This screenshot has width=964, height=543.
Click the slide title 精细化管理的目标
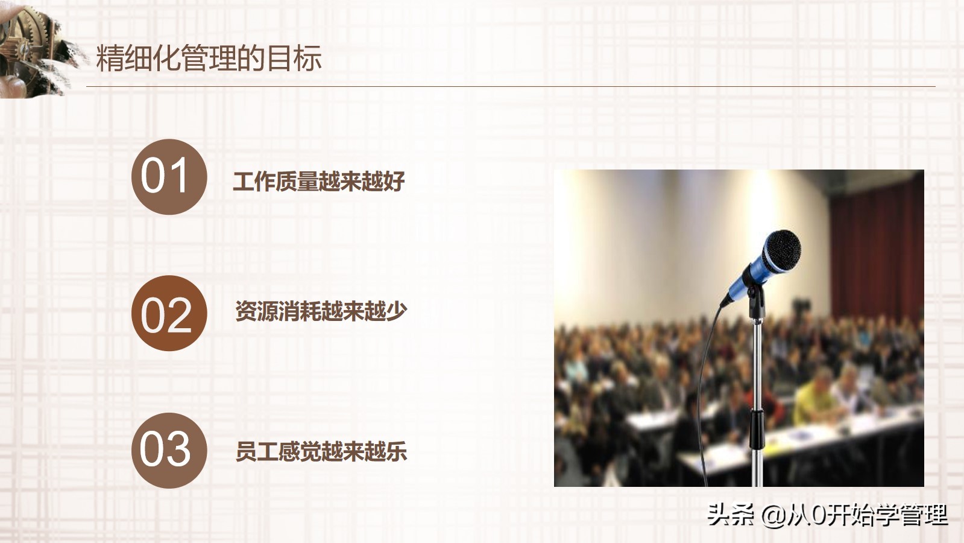click(209, 59)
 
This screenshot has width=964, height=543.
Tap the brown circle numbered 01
click(169, 176)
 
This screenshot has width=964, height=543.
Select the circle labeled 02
click(169, 313)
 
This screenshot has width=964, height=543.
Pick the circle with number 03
click(169, 450)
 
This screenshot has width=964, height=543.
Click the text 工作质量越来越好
click(318, 182)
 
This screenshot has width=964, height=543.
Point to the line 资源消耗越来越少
click(321, 311)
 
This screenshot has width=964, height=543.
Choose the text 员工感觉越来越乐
click(321, 451)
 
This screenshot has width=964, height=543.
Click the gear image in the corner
click(30, 45)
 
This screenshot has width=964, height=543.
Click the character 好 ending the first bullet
click(394, 182)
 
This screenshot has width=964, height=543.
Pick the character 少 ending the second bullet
click(396, 311)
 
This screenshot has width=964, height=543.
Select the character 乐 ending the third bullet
click(397, 451)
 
